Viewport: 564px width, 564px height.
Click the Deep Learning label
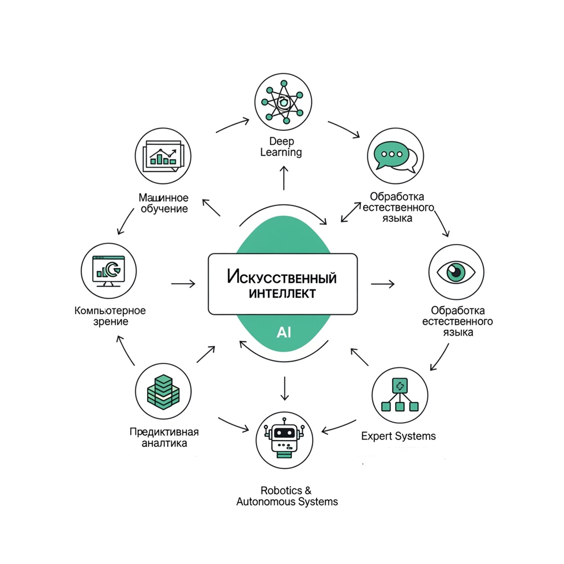tap(281, 146)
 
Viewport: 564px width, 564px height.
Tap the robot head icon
tap(284, 439)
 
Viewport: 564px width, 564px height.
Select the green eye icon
tap(456, 272)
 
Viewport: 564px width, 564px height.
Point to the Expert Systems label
tap(398, 437)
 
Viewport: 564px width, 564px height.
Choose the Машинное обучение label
tap(164, 203)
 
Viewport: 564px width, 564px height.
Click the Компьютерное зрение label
tap(110, 316)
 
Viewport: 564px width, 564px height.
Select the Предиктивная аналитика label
tap(164, 437)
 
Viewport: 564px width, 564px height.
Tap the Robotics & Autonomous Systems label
tap(287, 496)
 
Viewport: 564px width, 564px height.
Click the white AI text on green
tap(284, 333)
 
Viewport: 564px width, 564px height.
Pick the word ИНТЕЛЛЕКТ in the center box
tap(283, 294)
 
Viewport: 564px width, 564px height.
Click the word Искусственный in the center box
tap(281, 277)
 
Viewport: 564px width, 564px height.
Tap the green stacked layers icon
tap(163, 392)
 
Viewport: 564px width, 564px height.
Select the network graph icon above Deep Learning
tap(283, 102)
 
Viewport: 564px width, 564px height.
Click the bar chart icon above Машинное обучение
tap(163, 156)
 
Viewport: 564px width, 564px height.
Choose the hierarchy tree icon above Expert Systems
tap(400, 394)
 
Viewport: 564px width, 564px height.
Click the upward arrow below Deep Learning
tap(284, 178)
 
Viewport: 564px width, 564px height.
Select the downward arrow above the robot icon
tap(284, 389)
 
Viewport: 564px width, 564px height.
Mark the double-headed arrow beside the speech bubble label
tap(351, 212)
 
